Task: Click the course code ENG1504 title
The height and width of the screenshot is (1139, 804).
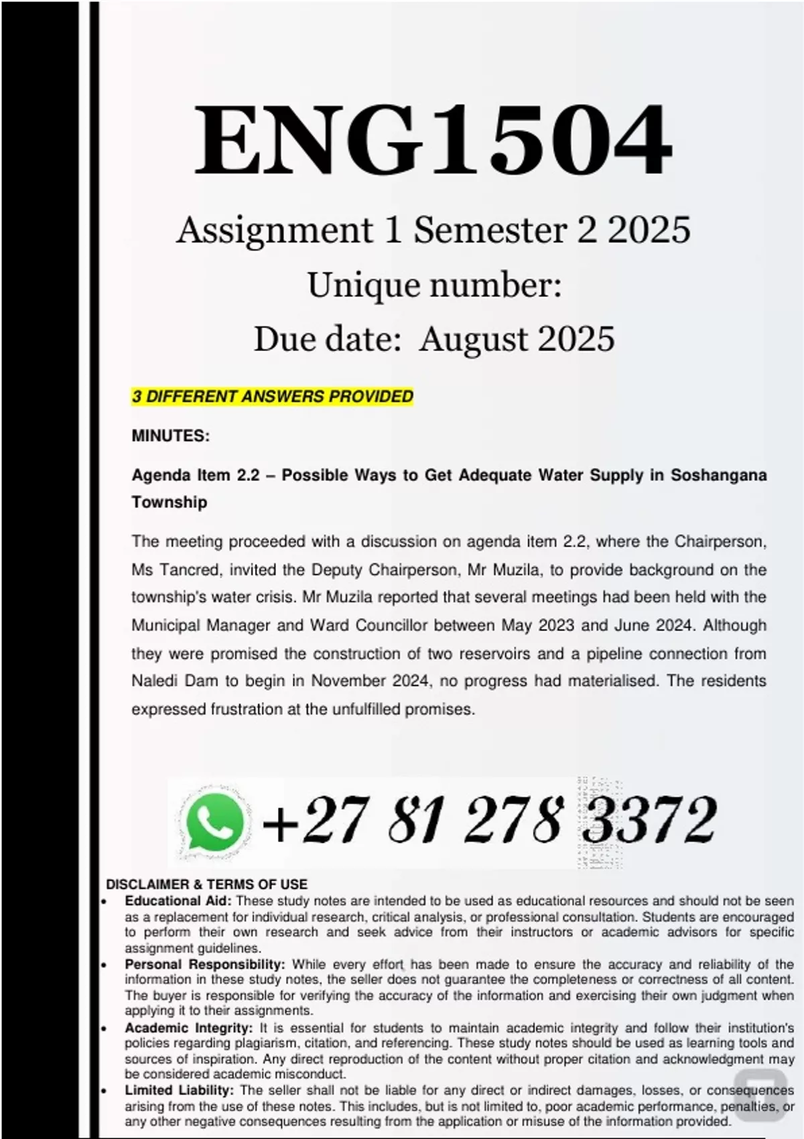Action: (x=432, y=140)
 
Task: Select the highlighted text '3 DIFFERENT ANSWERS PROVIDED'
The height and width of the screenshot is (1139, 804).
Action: (x=272, y=397)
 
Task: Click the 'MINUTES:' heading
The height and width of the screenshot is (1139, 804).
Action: (x=170, y=436)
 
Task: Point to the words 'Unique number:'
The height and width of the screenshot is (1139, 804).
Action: (x=434, y=285)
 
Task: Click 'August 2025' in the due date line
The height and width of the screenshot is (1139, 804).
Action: (x=517, y=339)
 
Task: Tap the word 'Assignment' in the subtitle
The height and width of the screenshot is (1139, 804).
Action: (x=275, y=230)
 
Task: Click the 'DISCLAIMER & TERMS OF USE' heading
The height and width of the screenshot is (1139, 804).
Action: (x=206, y=884)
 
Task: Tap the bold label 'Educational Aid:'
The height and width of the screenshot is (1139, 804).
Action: (x=178, y=901)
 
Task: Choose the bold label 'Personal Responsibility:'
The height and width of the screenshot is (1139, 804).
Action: (x=205, y=965)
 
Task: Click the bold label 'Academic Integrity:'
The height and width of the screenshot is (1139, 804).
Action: (x=189, y=1028)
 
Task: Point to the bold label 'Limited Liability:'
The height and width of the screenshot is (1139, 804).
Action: (x=179, y=1091)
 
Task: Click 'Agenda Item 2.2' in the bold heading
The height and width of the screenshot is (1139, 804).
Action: (x=195, y=476)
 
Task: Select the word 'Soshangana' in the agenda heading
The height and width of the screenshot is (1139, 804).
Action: (x=718, y=476)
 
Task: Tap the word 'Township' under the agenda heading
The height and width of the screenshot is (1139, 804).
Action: (x=169, y=503)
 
